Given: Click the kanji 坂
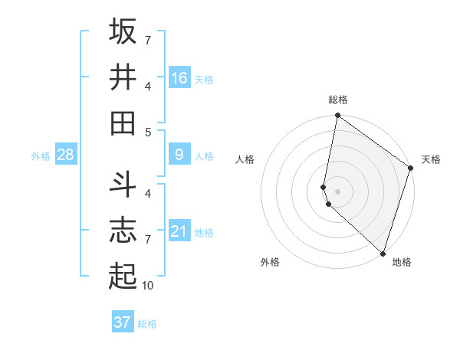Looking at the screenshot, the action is (x=123, y=31).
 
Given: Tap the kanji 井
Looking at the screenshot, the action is (x=123, y=77).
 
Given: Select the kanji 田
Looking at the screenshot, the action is (x=123, y=123).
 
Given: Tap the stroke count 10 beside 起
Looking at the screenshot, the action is (x=148, y=285).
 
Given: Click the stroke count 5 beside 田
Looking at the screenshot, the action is (x=148, y=132).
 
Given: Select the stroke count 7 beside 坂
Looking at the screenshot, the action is (x=148, y=40).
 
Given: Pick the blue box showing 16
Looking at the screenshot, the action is (x=179, y=77).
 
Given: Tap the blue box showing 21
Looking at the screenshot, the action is (x=179, y=231).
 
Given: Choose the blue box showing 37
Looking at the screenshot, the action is (x=123, y=322).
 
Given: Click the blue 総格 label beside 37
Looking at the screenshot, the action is (x=147, y=324).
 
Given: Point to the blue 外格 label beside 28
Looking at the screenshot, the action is (x=41, y=156).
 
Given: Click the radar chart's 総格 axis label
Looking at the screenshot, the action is (x=338, y=100).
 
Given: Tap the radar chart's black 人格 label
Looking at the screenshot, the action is (x=245, y=159).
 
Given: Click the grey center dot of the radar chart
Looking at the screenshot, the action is (x=338, y=191).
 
